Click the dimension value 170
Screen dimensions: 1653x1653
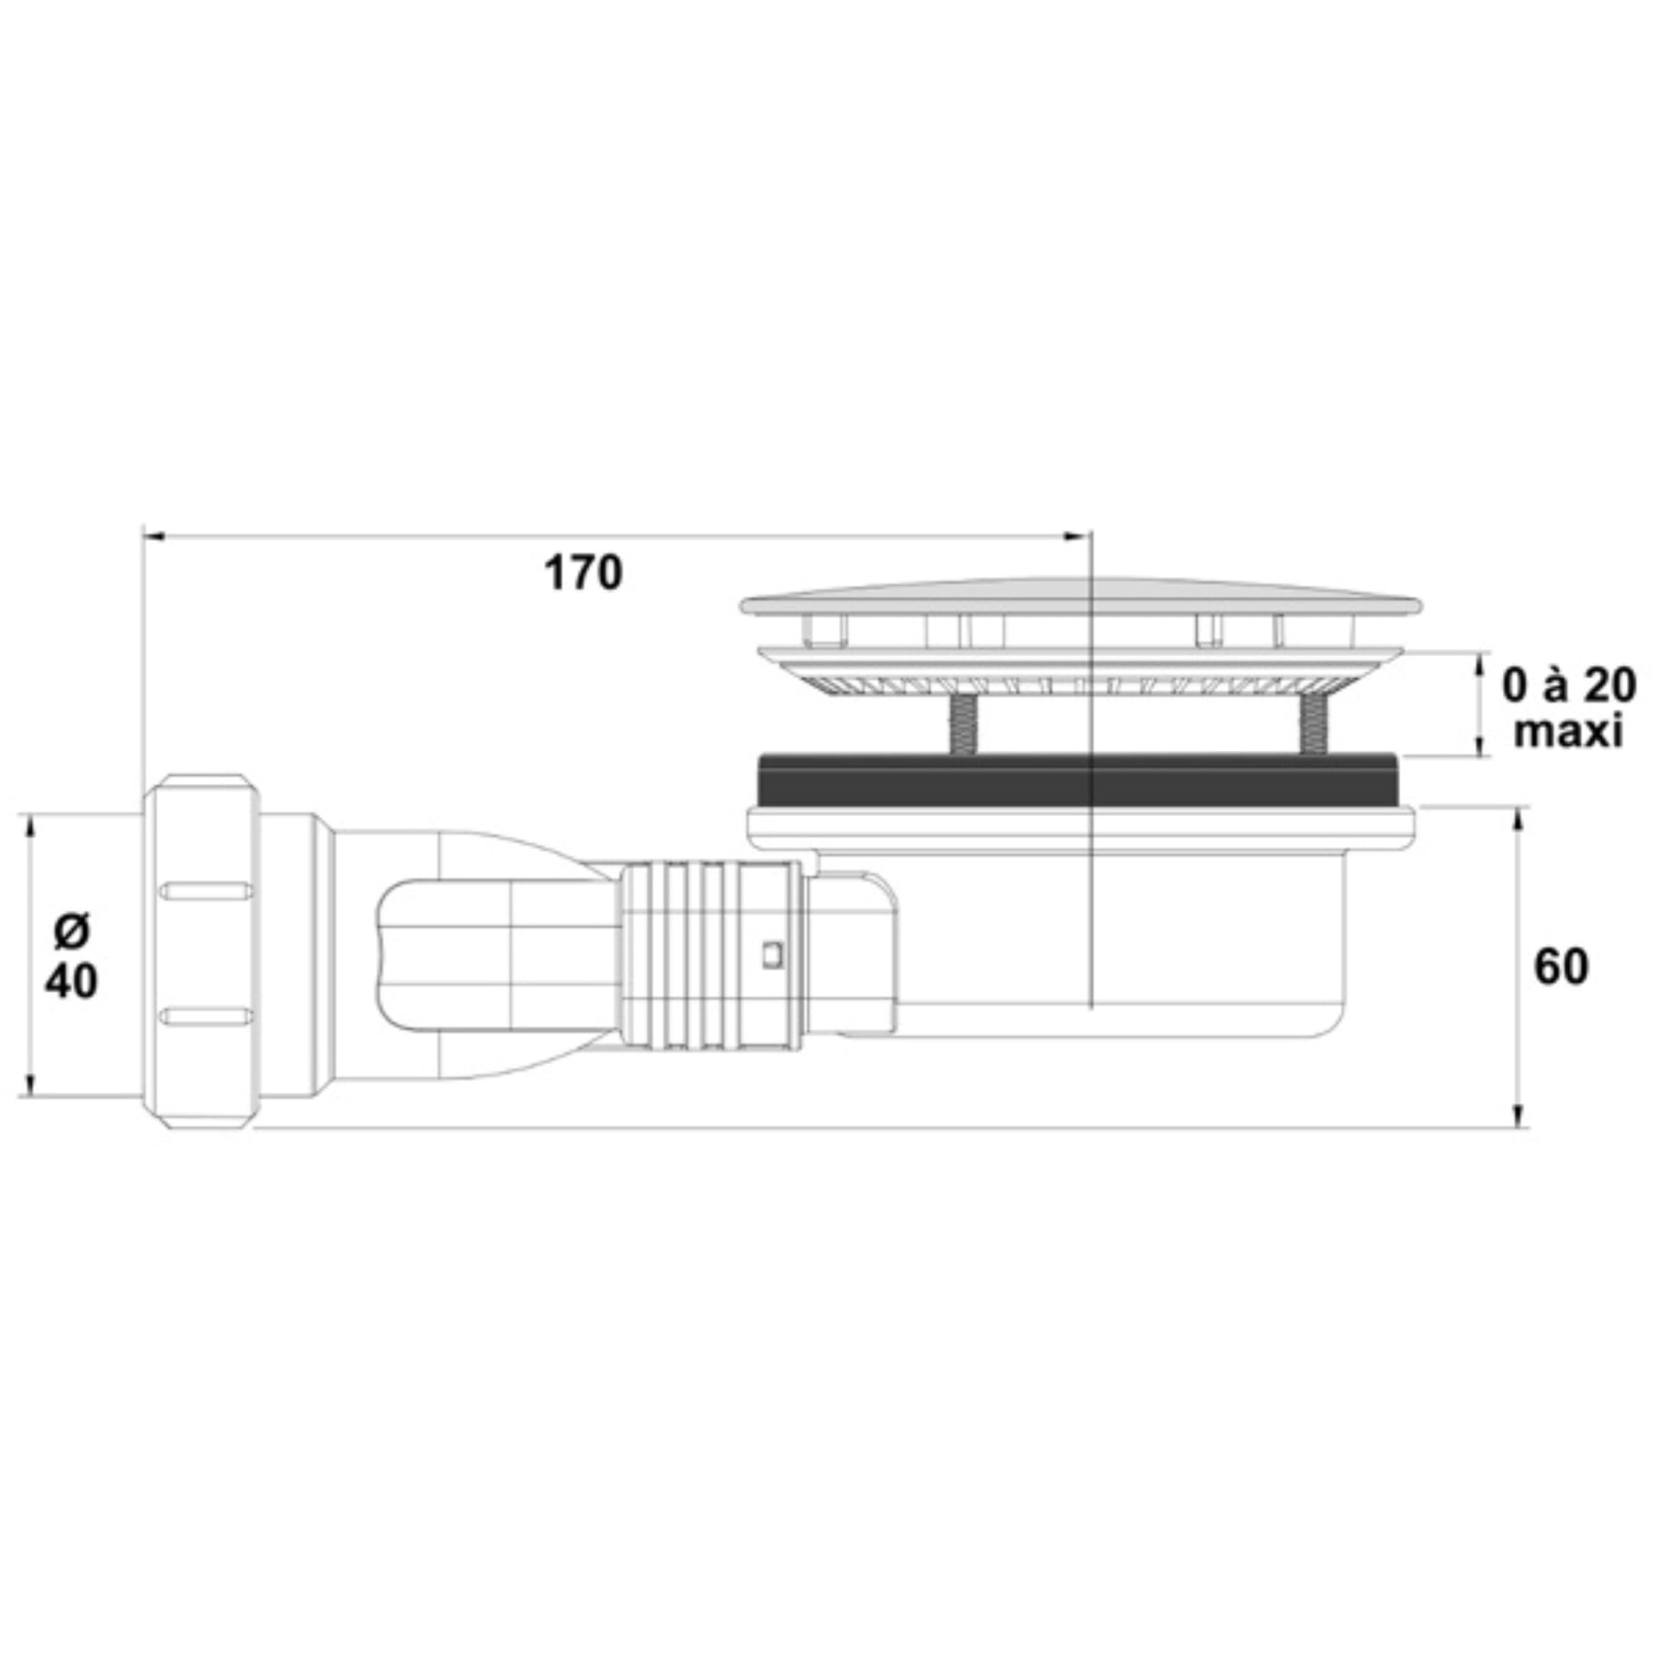(584, 573)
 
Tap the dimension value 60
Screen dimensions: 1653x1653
(1561, 968)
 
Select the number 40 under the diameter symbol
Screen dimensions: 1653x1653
(71, 981)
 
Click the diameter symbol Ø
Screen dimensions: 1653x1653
(70, 932)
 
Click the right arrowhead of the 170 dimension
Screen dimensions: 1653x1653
(1074, 537)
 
